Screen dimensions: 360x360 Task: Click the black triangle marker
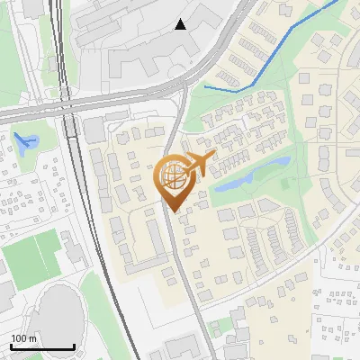coord(181,24)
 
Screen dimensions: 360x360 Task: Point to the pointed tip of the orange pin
coord(172,212)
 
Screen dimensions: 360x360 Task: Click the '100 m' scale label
coord(23,338)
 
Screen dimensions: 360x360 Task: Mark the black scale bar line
coord(41,347)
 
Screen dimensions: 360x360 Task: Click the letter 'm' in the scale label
coord(32,338)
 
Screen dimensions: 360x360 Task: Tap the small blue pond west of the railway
coord(24,140)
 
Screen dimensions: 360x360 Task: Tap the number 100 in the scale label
coord(19,338)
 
